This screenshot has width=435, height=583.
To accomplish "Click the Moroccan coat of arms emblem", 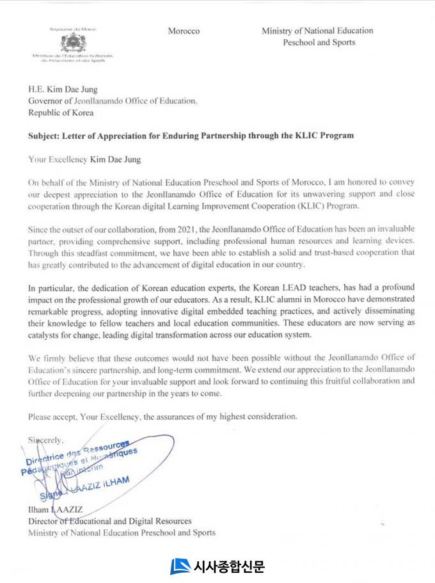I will [73, 44].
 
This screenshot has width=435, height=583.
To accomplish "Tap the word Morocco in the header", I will [184, 31].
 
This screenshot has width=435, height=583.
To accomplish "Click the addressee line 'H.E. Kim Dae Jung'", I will [63, 90].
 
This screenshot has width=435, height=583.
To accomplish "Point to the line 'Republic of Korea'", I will [61, 113].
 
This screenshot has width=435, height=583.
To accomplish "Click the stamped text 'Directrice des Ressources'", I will [77, 454].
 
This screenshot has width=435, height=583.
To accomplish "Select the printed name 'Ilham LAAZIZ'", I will [52, 510].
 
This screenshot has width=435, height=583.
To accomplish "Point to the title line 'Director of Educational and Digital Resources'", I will [109, 522].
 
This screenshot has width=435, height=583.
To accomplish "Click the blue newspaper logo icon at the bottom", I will [180, 566].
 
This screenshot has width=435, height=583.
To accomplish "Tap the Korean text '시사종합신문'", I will [228, 566].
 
